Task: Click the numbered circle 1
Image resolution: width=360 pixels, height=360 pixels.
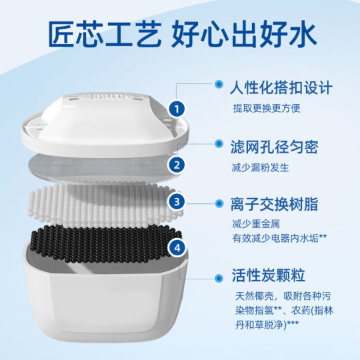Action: point(176,107)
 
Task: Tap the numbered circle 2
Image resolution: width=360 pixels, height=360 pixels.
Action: point(176,164)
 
